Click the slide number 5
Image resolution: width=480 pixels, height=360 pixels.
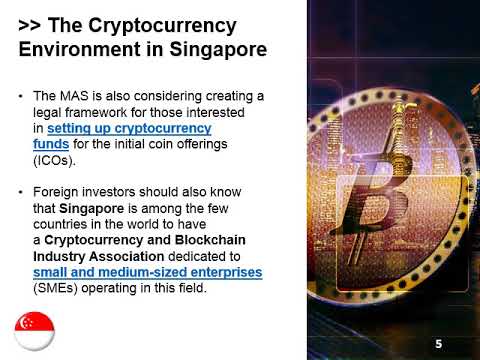[438, 344]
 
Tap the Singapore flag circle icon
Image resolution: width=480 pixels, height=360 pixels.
[34, 331]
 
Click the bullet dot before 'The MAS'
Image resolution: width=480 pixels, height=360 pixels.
[23, 96]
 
